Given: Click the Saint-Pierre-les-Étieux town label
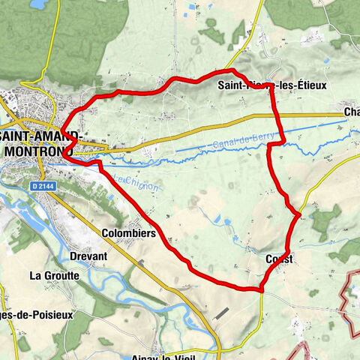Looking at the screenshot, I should point(274,85).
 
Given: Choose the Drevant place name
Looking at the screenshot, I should point(88,256).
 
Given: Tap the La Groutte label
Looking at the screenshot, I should point(54,275).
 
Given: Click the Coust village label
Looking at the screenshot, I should point(280,259).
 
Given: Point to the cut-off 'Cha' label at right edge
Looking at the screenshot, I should point(352,112).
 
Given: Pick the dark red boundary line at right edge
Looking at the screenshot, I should point(349,296).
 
